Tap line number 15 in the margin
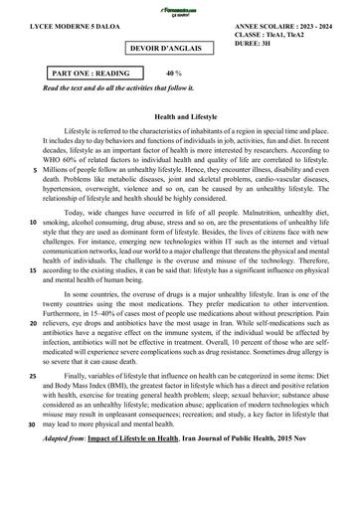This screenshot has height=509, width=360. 35,269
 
